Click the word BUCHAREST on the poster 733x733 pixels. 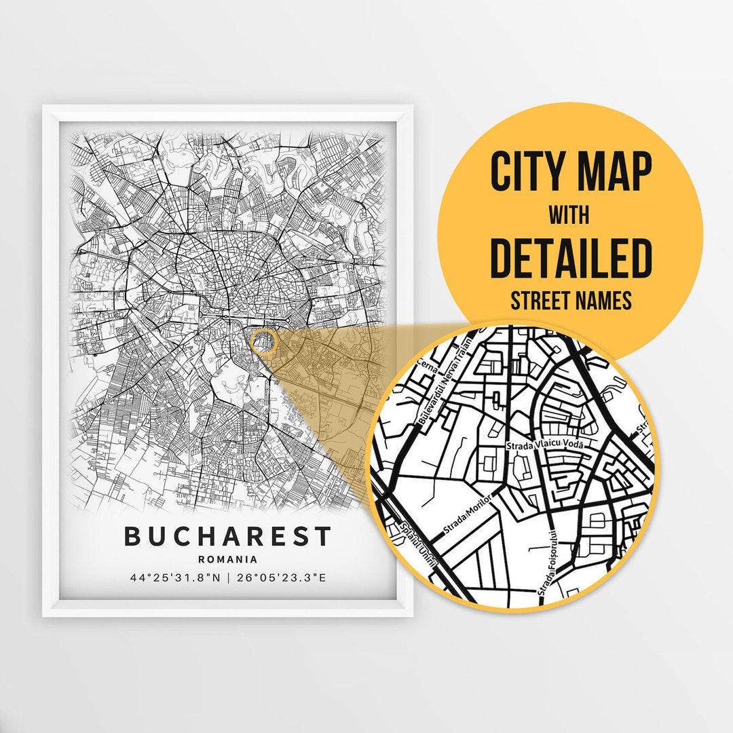[227, 537]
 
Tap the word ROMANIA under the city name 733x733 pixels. [227, 560]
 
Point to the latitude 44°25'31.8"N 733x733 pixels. [175, 578]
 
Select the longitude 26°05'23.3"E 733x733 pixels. [280, 578]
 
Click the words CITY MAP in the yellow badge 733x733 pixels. [570, 173]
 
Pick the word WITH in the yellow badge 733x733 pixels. [570, 216]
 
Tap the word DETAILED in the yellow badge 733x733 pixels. [570, 258]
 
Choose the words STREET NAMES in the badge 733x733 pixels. [570, 300]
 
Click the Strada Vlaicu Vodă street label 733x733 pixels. [544, 445]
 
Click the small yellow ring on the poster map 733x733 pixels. [263, 342]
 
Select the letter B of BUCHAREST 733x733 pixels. [133, 537]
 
